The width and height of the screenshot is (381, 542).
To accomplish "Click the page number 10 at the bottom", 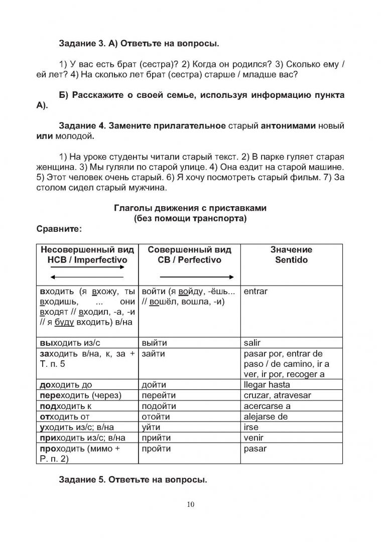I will click(190, 504).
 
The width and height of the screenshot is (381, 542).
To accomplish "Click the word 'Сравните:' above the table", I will click(59, 229).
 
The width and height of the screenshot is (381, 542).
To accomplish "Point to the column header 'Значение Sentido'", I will click(291, 255).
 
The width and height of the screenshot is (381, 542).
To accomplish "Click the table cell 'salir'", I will click(252, 343).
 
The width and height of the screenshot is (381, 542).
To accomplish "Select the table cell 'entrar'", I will click(256, 291).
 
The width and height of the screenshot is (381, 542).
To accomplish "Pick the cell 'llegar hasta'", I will click(267, 385).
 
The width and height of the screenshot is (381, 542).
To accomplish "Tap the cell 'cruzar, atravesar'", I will click(277, 395).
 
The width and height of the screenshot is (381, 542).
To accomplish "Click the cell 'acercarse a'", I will click(267, 406).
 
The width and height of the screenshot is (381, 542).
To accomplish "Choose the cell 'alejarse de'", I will click(266, 417).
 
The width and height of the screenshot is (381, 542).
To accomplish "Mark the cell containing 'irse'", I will click(251, 427).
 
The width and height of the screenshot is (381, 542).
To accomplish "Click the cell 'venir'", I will click(253, 438).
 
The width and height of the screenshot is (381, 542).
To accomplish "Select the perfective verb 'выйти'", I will click(155, 343).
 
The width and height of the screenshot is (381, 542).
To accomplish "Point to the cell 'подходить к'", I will click(65, 406).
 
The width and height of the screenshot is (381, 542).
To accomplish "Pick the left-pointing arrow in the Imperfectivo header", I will click(86, 277).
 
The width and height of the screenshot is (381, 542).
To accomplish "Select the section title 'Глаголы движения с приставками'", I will click(190, 208).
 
